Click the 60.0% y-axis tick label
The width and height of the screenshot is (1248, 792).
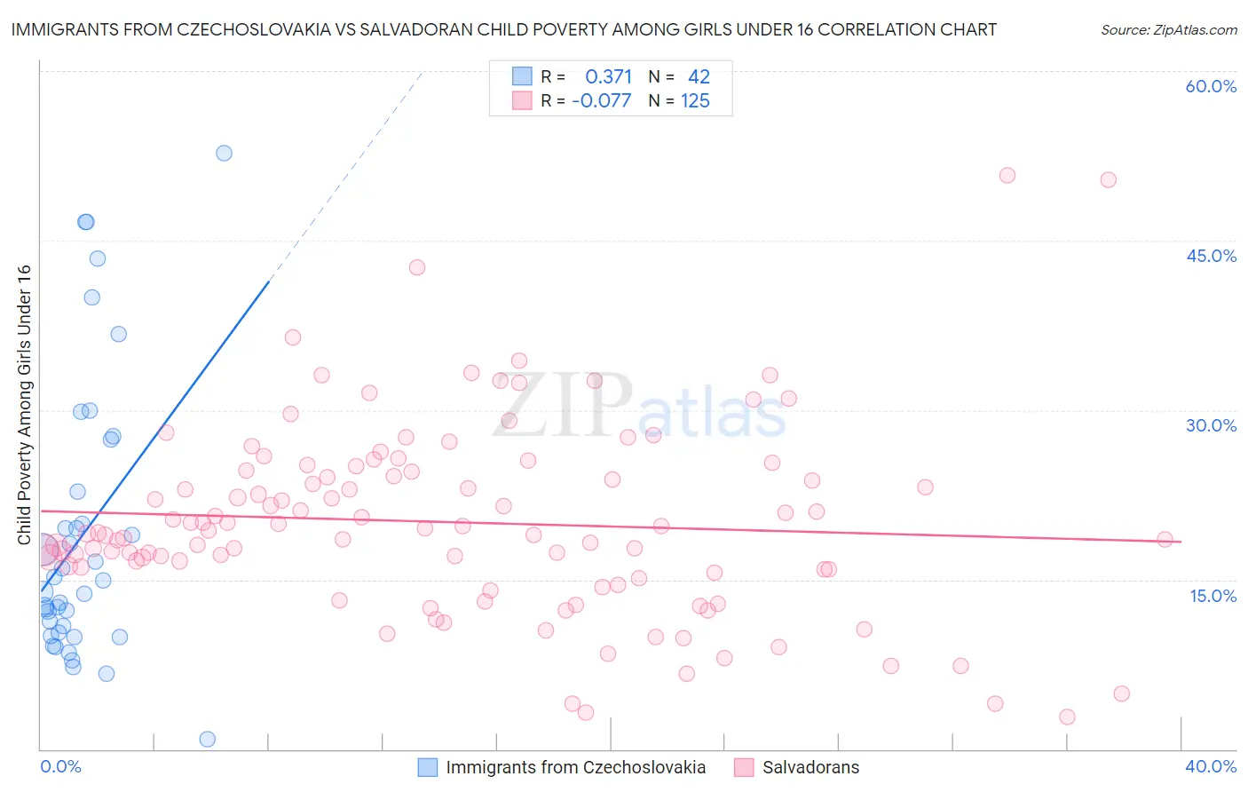[1211, 86]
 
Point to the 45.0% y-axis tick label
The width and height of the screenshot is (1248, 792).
[1211, 256]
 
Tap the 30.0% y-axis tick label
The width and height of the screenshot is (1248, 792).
[1211, 425]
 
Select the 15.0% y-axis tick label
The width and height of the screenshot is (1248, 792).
[1212, 595]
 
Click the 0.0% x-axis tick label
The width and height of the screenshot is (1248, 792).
[60, 766]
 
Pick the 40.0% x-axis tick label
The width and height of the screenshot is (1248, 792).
[1211, 766]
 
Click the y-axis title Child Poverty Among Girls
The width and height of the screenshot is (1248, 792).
[24, 405]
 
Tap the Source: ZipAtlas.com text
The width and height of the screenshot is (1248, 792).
[1168, 29]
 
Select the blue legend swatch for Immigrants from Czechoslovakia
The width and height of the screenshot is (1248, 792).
[428, 767]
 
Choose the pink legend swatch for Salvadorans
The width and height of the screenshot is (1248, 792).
[744, 767]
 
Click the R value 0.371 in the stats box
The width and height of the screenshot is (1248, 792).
[608, 76]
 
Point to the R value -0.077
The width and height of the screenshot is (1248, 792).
[601, 100]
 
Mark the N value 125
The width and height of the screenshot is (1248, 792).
[695, 100]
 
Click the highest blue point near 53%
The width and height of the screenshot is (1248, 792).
[224, 153]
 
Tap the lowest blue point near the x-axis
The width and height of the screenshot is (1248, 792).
[207, 739]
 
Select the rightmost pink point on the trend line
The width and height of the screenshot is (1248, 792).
[1165, 539]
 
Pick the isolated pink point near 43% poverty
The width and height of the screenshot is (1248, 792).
[416, 267]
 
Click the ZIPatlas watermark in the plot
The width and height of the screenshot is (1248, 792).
[639, 407]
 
